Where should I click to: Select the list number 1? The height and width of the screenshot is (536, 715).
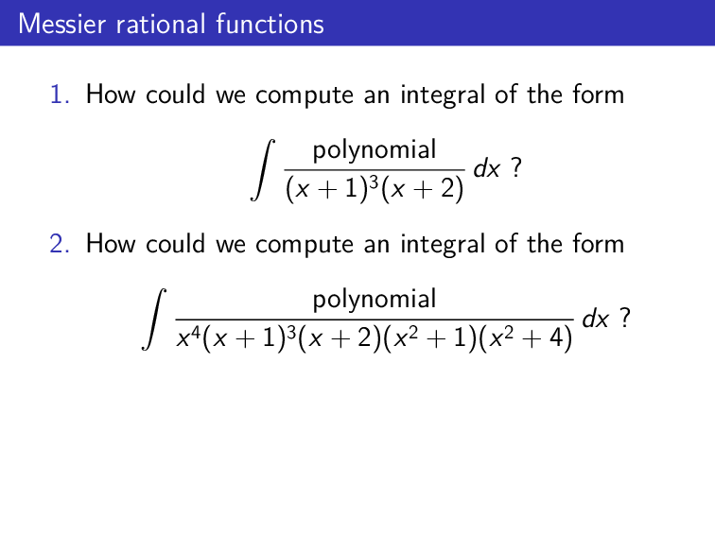[x=60, y=95]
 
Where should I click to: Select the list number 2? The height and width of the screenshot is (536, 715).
[x=60, y=244]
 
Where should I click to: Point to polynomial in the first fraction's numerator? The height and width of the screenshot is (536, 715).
[x=375, y=149]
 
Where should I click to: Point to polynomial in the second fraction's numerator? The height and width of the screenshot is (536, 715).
[x=375, y=300]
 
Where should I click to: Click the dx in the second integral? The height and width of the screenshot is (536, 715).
[x=596, y=320]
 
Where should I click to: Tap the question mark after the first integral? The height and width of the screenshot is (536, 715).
[x=515, y=169]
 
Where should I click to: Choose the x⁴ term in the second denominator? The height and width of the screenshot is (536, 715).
[x=186, y=340]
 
